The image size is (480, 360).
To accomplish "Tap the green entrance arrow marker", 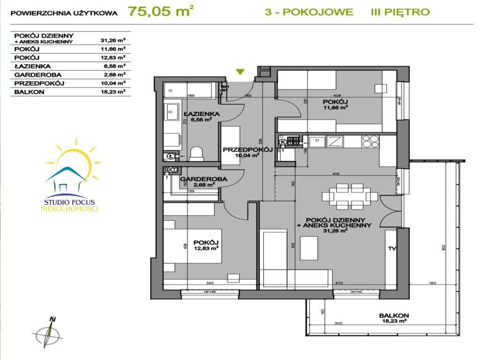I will [x=240, y=72].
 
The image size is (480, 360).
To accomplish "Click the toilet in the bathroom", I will [x=197, y=153].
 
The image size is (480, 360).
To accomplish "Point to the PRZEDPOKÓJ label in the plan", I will [x=241, y=150].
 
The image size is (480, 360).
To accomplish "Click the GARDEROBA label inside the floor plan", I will [x=197, y=179].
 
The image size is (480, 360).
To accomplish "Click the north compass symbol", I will [x=50, y=332].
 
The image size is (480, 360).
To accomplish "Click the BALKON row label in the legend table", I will [x=29, y=92].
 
